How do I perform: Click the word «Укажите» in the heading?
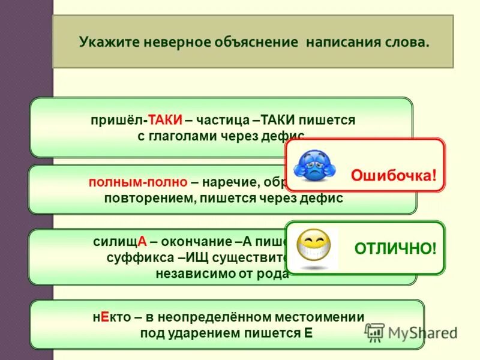click(104, 43)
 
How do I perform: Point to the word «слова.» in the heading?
click(410, 43)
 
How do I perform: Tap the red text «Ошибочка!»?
click(394, 175)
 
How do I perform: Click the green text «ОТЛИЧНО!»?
click(395, 248)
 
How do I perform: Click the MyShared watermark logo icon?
click(375, 332)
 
